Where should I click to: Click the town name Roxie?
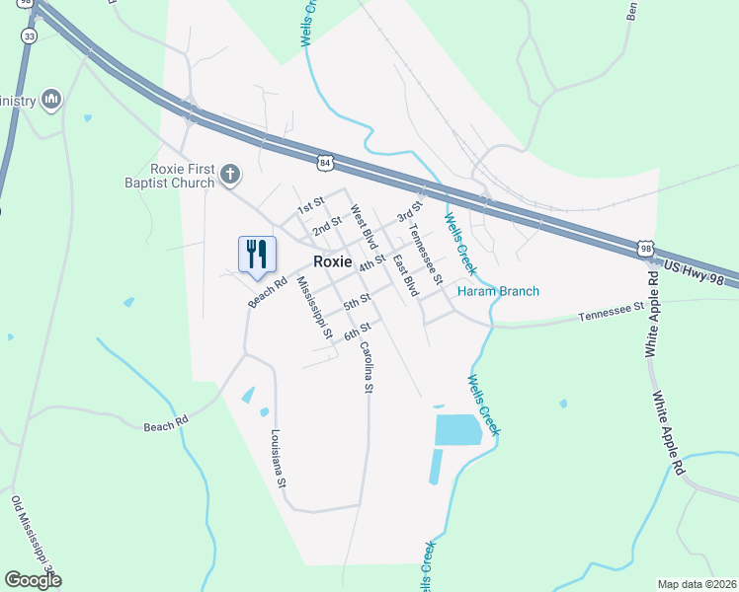333,261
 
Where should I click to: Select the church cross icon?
229,176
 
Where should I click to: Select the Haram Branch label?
498,291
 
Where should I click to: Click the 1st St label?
311,205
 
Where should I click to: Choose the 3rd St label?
409,210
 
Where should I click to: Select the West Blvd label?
364,227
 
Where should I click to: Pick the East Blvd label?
405,276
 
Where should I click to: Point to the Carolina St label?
365,367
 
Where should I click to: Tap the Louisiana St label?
279,459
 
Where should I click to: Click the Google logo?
33,580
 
